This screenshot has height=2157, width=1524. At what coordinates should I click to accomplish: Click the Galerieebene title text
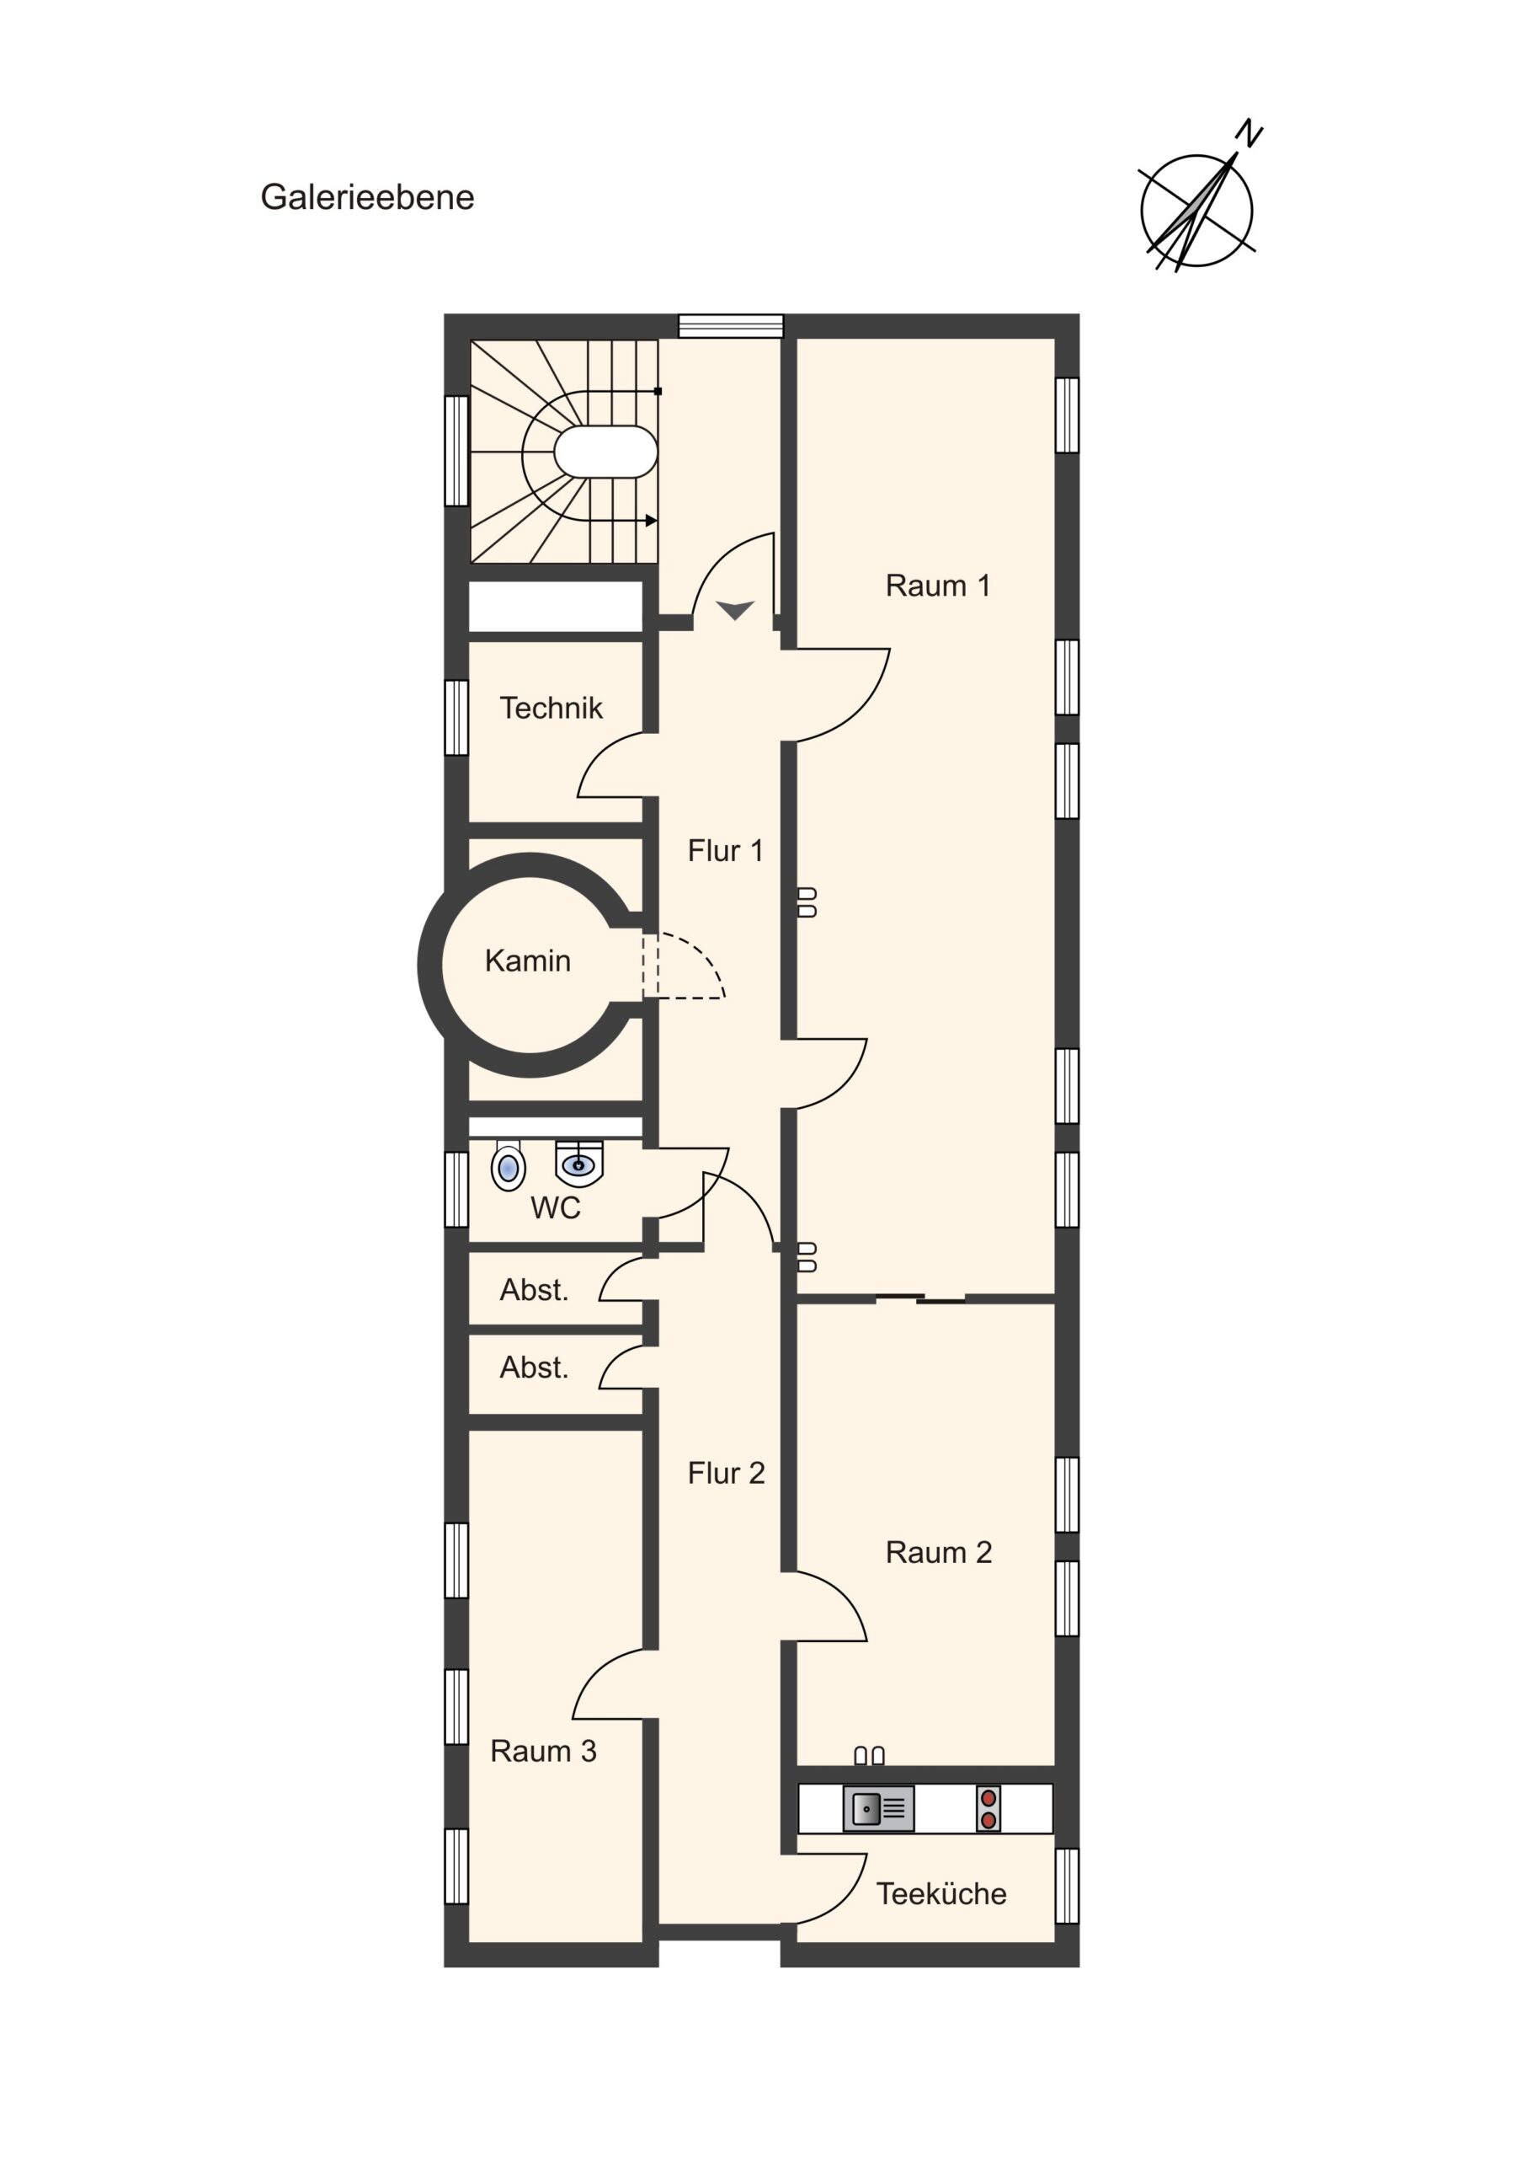[367, 197]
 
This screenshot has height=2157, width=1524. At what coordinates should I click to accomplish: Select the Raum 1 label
[938, 586]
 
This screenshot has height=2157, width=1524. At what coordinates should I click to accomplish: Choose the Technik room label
[552, 708]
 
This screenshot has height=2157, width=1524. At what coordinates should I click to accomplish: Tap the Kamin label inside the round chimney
[528, 961]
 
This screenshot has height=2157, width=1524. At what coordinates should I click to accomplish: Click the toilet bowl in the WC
[508, 1167]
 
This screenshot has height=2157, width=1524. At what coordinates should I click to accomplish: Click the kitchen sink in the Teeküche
[879, 1808]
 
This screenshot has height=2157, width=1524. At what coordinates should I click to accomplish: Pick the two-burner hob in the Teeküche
[988, 1808]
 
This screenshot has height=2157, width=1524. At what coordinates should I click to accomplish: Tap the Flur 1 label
[726, 850]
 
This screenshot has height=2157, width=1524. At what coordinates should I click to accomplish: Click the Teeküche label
[941, 1894]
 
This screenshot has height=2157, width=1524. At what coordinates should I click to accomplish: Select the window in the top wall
[732, 326]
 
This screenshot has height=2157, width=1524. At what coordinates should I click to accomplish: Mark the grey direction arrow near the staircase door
[735, 610]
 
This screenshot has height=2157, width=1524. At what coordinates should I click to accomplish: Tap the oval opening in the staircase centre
[605, 452]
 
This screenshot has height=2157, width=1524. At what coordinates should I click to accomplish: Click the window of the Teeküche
[1068, 1886]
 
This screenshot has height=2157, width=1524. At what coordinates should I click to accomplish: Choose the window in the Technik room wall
[456, 717]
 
